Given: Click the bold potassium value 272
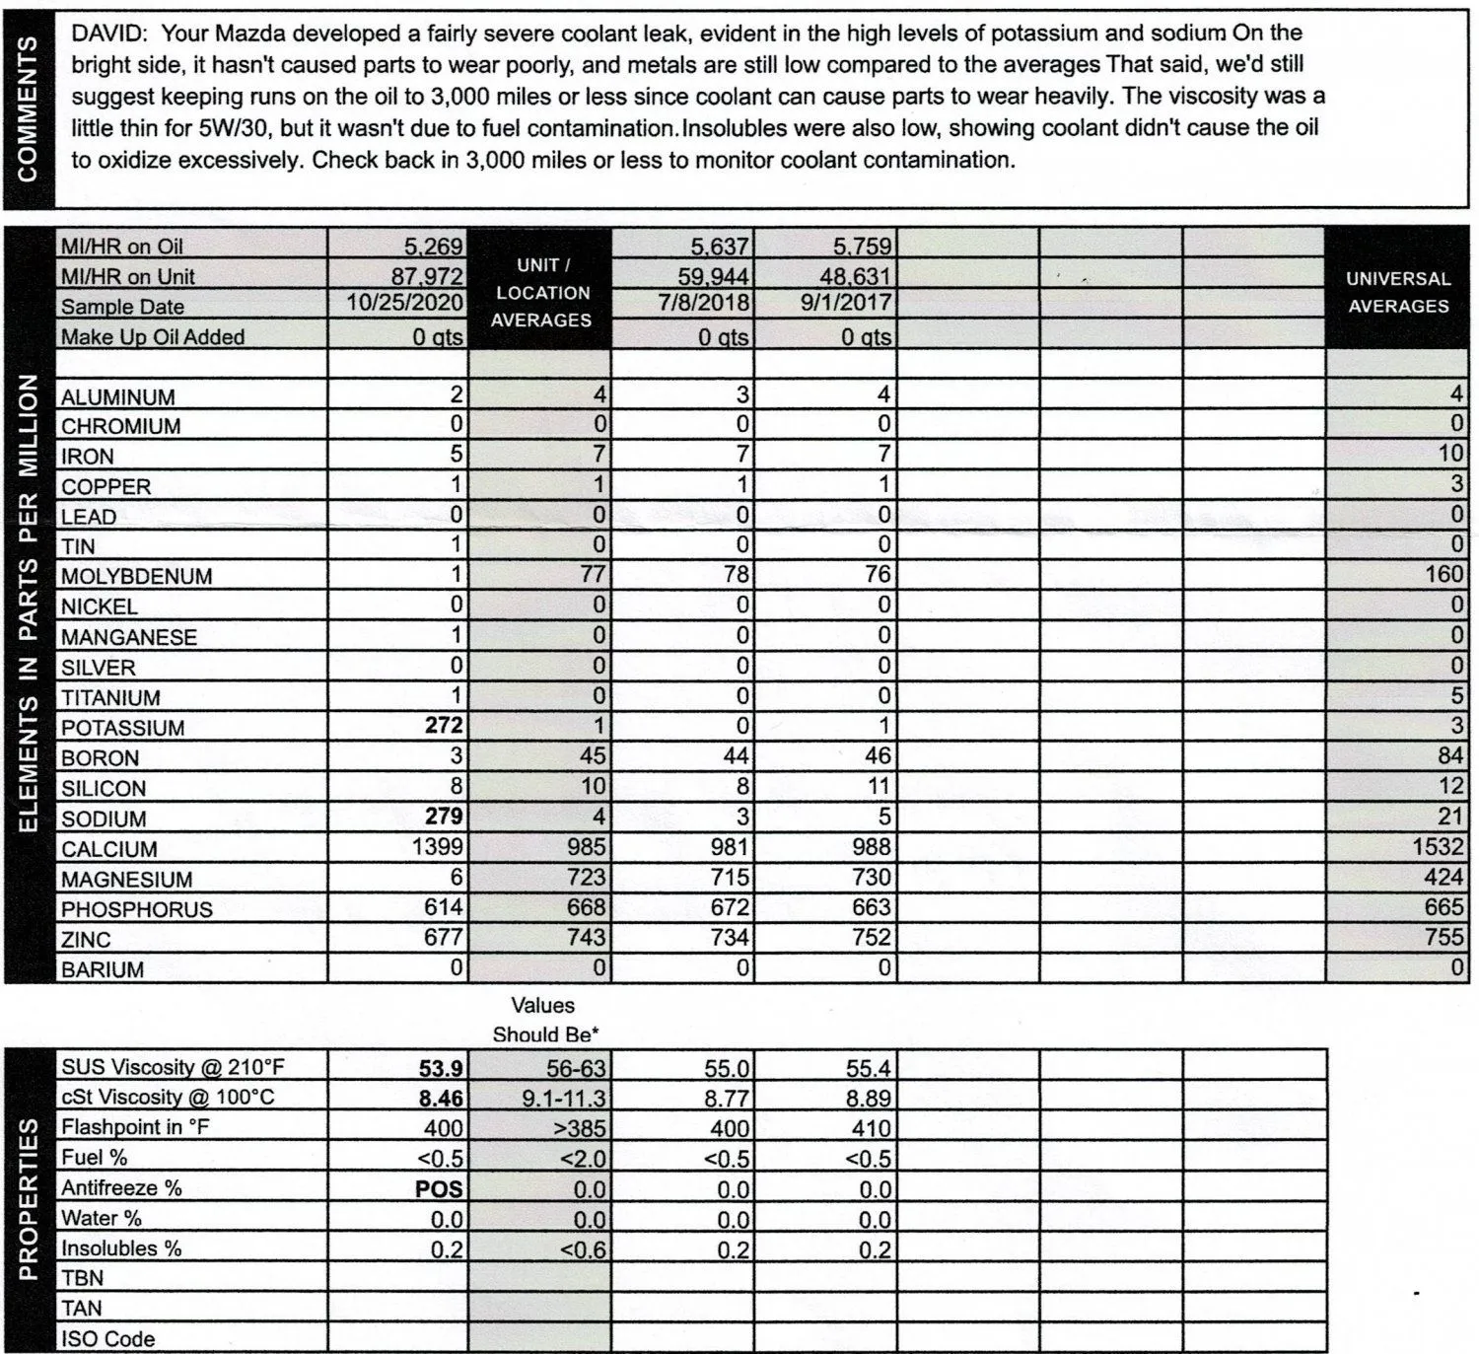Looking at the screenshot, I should point(444,726).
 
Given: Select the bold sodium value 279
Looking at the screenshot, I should point(444,817).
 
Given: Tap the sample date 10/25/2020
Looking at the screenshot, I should point(404,303).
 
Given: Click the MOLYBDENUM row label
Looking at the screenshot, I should point(136,577).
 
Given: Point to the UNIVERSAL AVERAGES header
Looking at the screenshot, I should point(1397,293).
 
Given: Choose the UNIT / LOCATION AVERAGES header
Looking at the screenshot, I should point(540,293).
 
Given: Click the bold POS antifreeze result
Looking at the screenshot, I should point(439,1188).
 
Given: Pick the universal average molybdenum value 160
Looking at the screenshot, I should point(1444,574).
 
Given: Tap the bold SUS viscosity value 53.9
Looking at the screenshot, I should point(441,1067).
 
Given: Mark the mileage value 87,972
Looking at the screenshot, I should point(427,275).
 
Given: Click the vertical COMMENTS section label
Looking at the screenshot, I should point(28,108).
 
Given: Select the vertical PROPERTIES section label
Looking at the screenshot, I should point(28,1198).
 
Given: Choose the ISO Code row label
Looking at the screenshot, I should point(107,1339).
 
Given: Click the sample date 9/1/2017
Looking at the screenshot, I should point(845,303).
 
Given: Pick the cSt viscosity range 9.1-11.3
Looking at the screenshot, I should point(563,1098).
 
